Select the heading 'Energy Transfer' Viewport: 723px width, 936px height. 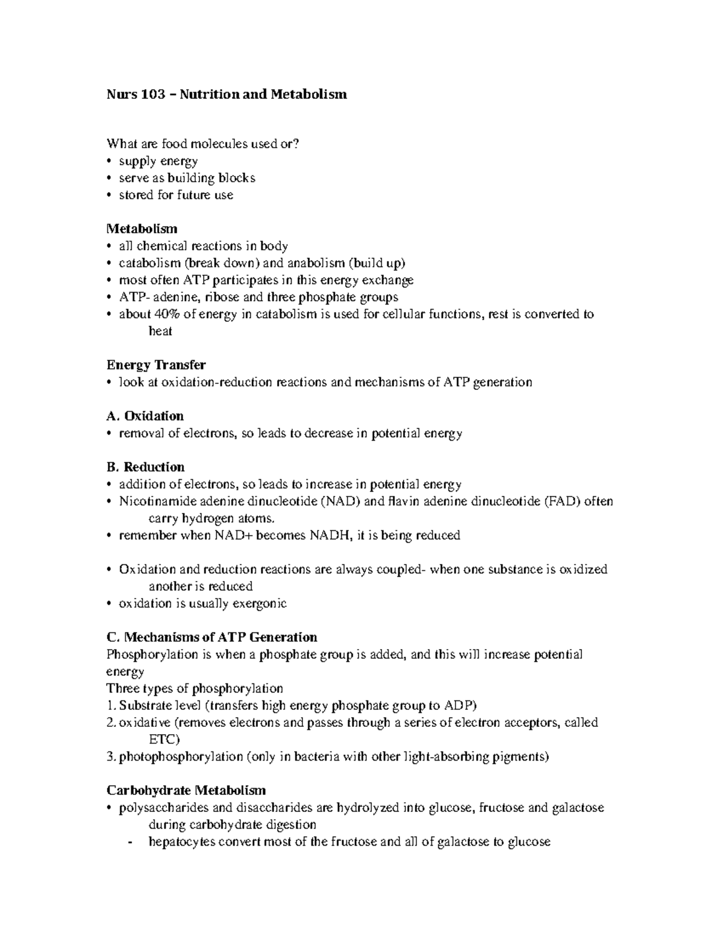[x=156, y=365]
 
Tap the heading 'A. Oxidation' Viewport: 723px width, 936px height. [x=145, y=416]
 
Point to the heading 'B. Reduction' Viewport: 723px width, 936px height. [x=145, y=467]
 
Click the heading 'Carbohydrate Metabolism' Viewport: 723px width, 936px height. [x=186, y=790]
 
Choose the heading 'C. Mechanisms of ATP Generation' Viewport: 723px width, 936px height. [x=211, y=637]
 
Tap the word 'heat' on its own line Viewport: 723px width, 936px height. [x=160, y=331]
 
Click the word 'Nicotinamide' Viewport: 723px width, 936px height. [x=157, y=501]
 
